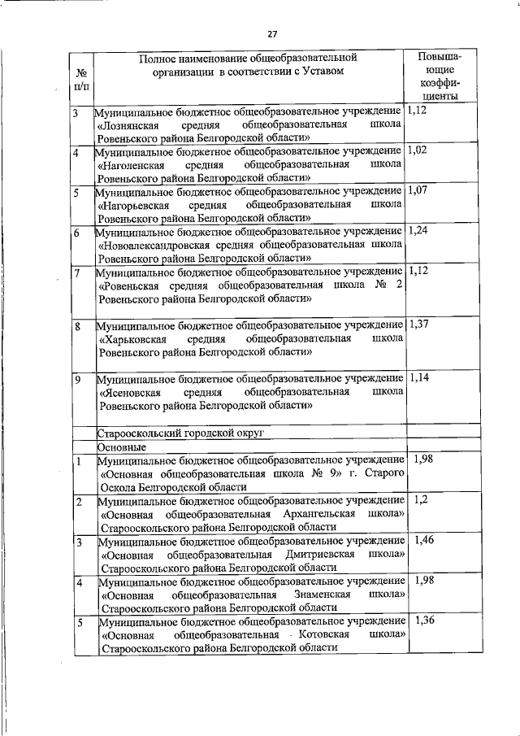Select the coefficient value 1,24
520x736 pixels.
419,231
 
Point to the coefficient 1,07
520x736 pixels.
418,190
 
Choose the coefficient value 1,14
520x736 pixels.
419,378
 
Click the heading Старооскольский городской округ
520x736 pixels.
180,433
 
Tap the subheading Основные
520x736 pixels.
122,447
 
